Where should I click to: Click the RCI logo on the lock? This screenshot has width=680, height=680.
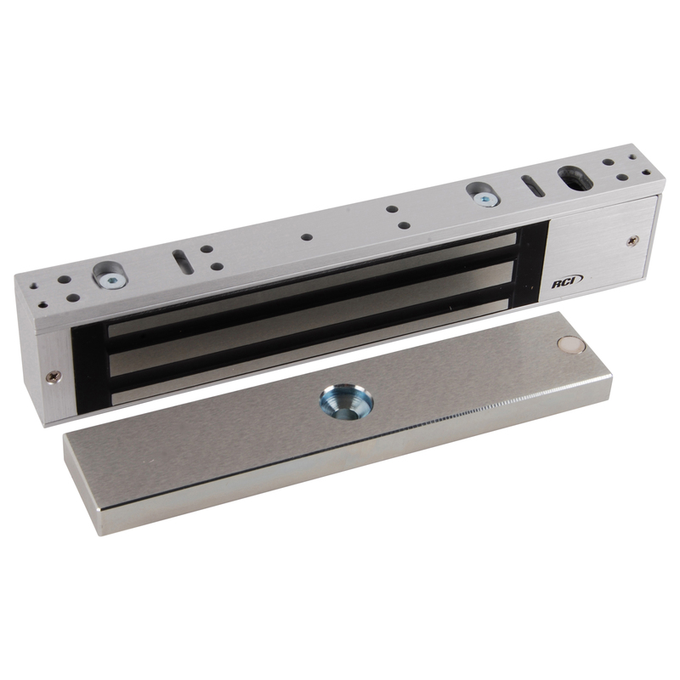click(567, 282)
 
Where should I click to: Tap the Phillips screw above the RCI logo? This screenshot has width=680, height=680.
click(634, 239)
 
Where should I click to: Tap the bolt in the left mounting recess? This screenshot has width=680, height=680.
click(110, 281)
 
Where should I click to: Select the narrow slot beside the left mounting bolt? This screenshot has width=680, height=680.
click(184, 262)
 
